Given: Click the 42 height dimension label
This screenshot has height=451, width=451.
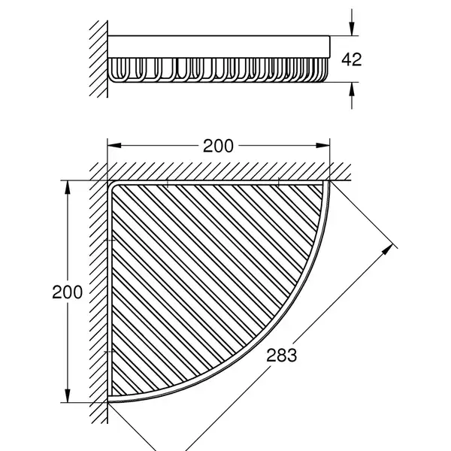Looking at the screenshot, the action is coord(352,59).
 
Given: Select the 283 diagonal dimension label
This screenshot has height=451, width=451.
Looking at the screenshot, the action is coord(281,356).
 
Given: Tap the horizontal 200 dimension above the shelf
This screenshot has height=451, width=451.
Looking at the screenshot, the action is coord(218,146).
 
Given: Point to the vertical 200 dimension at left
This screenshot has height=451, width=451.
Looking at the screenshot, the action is coord(68,292).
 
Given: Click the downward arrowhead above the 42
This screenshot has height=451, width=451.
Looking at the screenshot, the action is coord(352,29).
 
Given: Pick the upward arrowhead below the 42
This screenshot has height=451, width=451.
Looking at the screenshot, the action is coord(352,89).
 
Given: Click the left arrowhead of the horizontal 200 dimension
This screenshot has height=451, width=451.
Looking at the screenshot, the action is coord(114,146).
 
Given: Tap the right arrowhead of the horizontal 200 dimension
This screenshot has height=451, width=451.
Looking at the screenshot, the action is coord(322,146).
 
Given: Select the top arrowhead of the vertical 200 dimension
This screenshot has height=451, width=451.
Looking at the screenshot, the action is coord(68,187).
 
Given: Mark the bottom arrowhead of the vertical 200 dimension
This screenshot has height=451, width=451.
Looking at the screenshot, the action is coord(68,396).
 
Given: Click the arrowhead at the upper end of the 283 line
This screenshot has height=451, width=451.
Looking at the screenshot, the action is coord(388,249).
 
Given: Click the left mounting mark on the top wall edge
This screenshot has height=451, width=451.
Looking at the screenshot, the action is coord(168,183).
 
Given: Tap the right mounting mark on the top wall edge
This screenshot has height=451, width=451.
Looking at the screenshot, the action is coord(278,183).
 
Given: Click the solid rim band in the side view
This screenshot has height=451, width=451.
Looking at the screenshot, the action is coord(219,47).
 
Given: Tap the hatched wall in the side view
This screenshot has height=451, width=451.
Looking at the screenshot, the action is coord(99,59).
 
